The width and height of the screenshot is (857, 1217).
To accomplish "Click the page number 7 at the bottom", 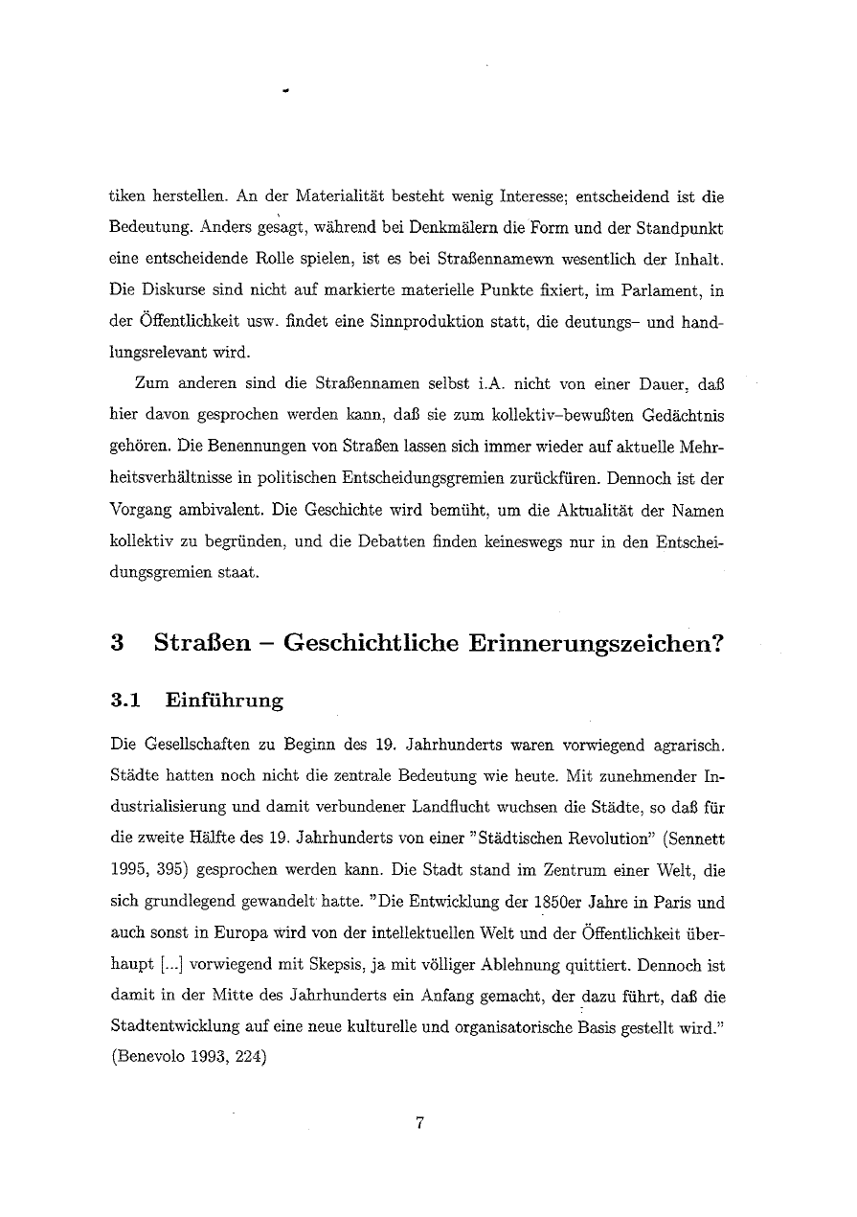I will pos(419,1124).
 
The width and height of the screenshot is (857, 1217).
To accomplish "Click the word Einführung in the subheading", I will pos(224,700).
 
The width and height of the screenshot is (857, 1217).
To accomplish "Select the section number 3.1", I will pos(126,700).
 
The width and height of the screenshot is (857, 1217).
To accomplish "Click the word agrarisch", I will pos(683,744).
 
